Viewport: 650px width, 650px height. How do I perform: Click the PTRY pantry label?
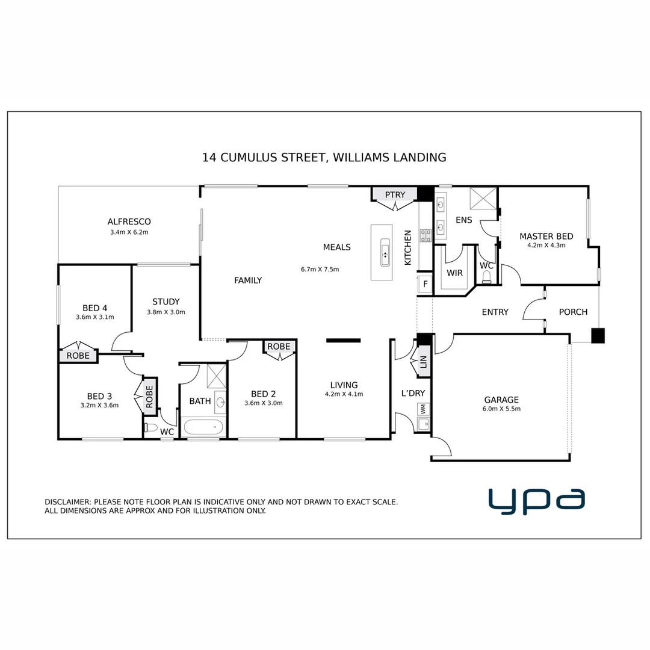tap(395, 194)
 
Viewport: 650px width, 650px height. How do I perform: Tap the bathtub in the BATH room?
tap(203, 428)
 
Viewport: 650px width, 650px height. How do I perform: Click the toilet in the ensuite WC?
tap(486, 276)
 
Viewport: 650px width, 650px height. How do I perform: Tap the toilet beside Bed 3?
tap(151, 429)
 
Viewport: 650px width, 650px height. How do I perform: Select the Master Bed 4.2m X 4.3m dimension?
tap(546, 246)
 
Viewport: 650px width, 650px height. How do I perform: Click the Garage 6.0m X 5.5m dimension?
tap(501, 409)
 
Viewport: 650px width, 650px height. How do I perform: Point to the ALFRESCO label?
tap(129, 221)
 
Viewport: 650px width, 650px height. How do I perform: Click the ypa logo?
tap(536, 501)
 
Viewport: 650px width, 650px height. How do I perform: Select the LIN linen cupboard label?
tap(423, 363)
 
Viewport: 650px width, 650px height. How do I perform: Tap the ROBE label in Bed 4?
tap(78, 356)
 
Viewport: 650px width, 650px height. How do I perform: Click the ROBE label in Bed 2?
tap(279, 347)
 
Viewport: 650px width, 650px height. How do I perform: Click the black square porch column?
tap(597, 335)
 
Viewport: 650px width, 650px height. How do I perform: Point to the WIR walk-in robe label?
tap(455, 273)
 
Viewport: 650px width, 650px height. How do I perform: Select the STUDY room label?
tap(166, 302)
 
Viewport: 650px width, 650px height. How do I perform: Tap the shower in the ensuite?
tap(483, 197)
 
